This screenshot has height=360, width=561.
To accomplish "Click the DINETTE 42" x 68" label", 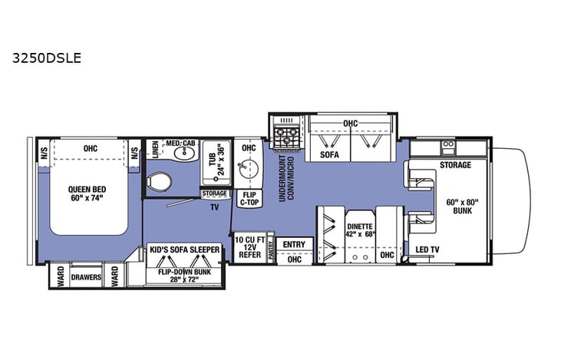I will pyautogui.click(x=359, y=230).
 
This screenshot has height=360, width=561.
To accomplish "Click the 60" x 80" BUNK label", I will pyautogui.click(x=461, y=207).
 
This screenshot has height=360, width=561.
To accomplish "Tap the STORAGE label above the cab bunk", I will pyautogui.click(x=456, y=164).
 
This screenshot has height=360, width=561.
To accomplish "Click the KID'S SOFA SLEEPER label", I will pyautogui.click(x=185, y=250).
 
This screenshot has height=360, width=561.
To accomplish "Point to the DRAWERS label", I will pyautogui.click(x=87, y=277).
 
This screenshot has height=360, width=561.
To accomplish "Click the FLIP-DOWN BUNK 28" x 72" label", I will pyautogui.click(x=184, y=274).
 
